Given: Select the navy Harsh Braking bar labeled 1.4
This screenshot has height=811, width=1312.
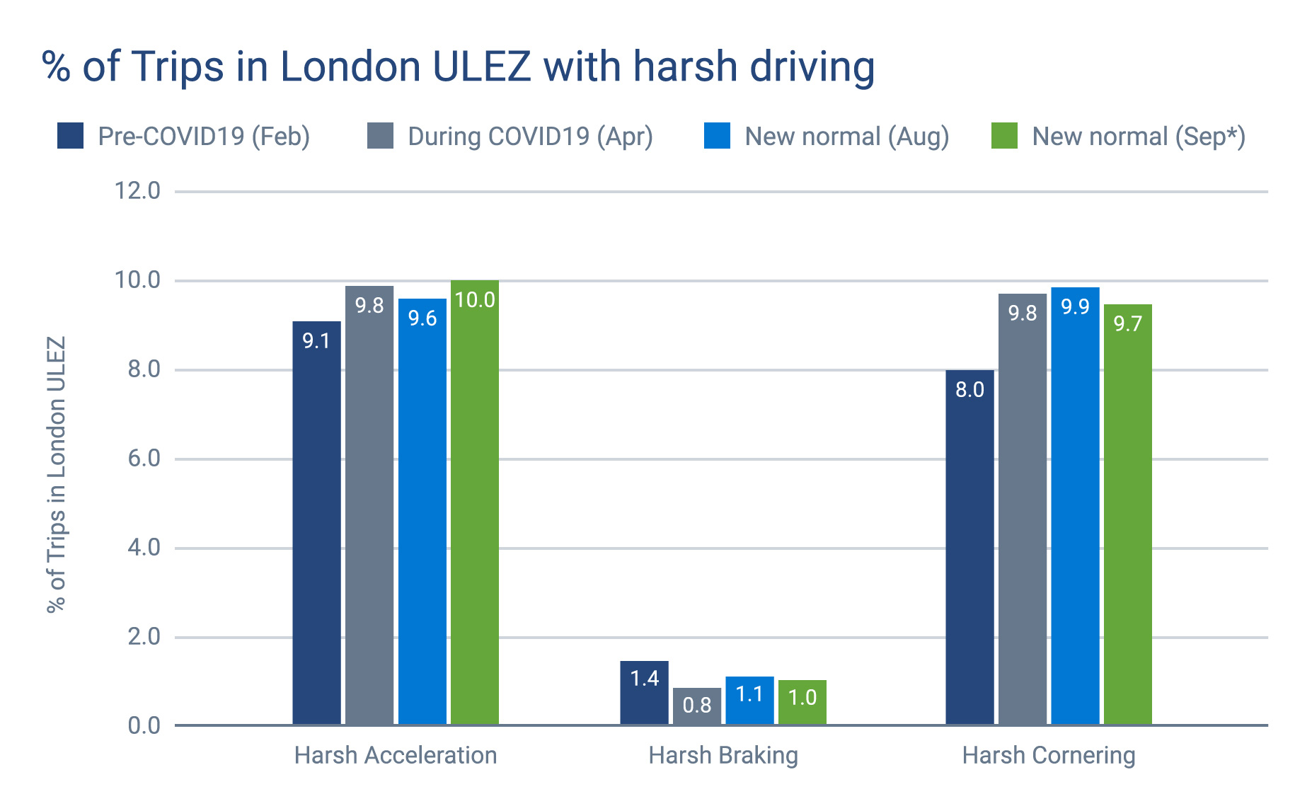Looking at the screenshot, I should pos(644,694).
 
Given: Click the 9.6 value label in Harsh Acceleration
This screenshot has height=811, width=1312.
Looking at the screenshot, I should pos(422,318).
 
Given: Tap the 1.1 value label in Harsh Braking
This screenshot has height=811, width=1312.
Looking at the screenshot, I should pos(749,694).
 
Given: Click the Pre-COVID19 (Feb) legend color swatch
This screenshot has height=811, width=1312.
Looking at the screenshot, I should pos(70,136).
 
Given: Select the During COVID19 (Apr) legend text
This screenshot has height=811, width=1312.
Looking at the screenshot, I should pos(530,136).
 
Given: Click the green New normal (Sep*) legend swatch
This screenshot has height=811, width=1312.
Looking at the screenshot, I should pos(1004,136).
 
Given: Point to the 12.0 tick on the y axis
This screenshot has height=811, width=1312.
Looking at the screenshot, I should pos(137,191).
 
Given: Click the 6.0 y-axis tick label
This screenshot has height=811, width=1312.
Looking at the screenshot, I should pos(144,459).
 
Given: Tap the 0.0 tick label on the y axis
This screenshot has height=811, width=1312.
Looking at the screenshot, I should pos(144,726).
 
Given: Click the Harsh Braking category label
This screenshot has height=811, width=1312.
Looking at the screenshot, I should pos(723,756).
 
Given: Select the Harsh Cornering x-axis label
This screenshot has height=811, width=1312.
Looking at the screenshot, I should pos(1048,756).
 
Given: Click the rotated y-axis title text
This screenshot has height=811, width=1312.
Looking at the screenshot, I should pos(56,474).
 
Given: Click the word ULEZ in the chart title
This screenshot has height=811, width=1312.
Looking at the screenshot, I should pos(481,67).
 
